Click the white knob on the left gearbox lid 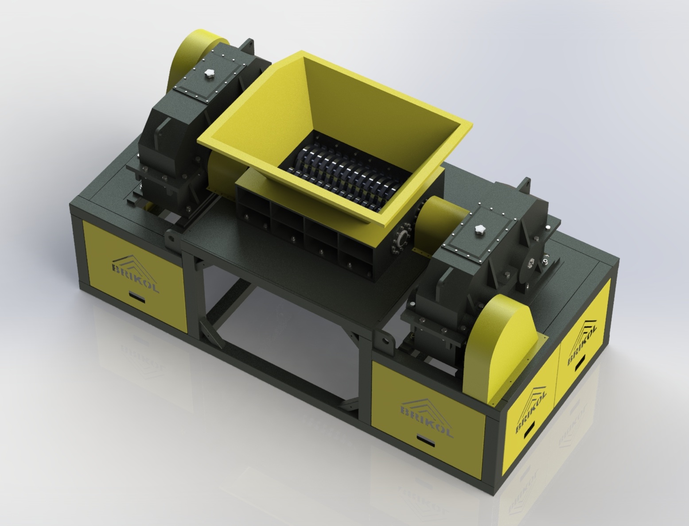(x=209, y=74)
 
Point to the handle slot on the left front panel (x=137, y=296)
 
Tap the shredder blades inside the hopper (x=339, y=174)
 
